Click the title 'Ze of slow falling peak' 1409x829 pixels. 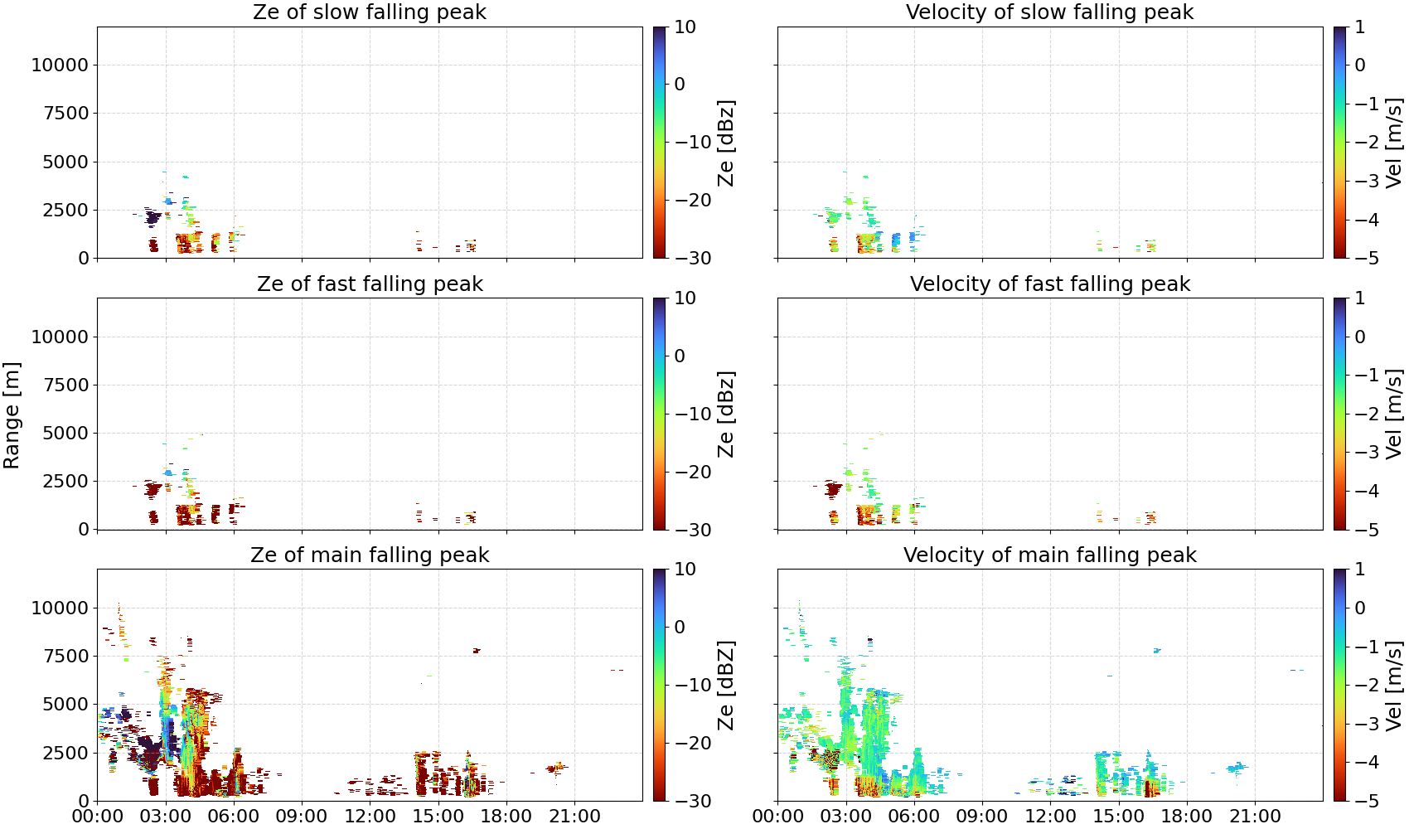tap(369, 12)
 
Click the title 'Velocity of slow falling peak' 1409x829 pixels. tap(1050, 12)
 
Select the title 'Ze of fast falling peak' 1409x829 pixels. tap(370, 284)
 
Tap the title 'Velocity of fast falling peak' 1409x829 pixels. tap(1050, 284)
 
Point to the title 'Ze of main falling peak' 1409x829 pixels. tap(370, 555)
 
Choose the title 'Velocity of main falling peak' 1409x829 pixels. tap(1050, 555)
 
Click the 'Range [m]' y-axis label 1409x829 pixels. tap(12, 415)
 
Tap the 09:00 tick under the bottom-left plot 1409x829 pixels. tap(302, 817)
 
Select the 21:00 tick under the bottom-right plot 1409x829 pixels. tap(1255, 817)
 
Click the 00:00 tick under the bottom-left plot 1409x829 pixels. tap(98, 817)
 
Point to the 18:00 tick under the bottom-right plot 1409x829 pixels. tap(1187, 817)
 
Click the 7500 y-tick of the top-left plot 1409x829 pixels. tap(66, 114)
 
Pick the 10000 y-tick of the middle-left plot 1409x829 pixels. tap(61, 337)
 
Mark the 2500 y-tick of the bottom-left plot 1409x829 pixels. tap(66, 753)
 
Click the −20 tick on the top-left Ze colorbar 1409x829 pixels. tap(693, 200)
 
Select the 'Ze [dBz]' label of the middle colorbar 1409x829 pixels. tap(726, 414)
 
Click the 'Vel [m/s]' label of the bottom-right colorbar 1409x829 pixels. tap(1394, 686)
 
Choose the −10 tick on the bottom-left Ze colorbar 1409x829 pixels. tap(693, 685)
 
